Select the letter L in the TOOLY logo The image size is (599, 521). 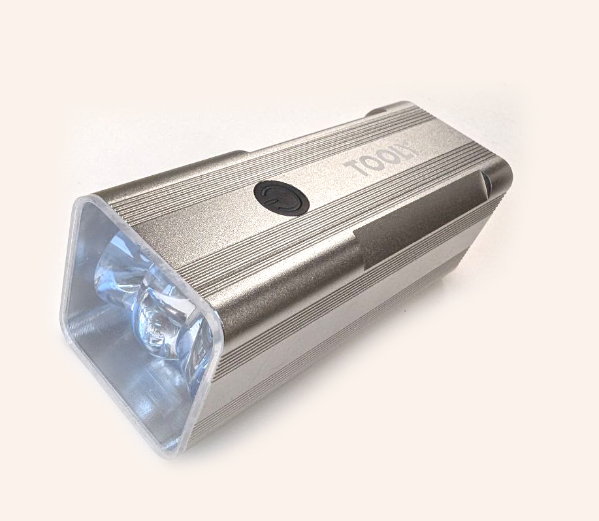click(398, 154)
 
